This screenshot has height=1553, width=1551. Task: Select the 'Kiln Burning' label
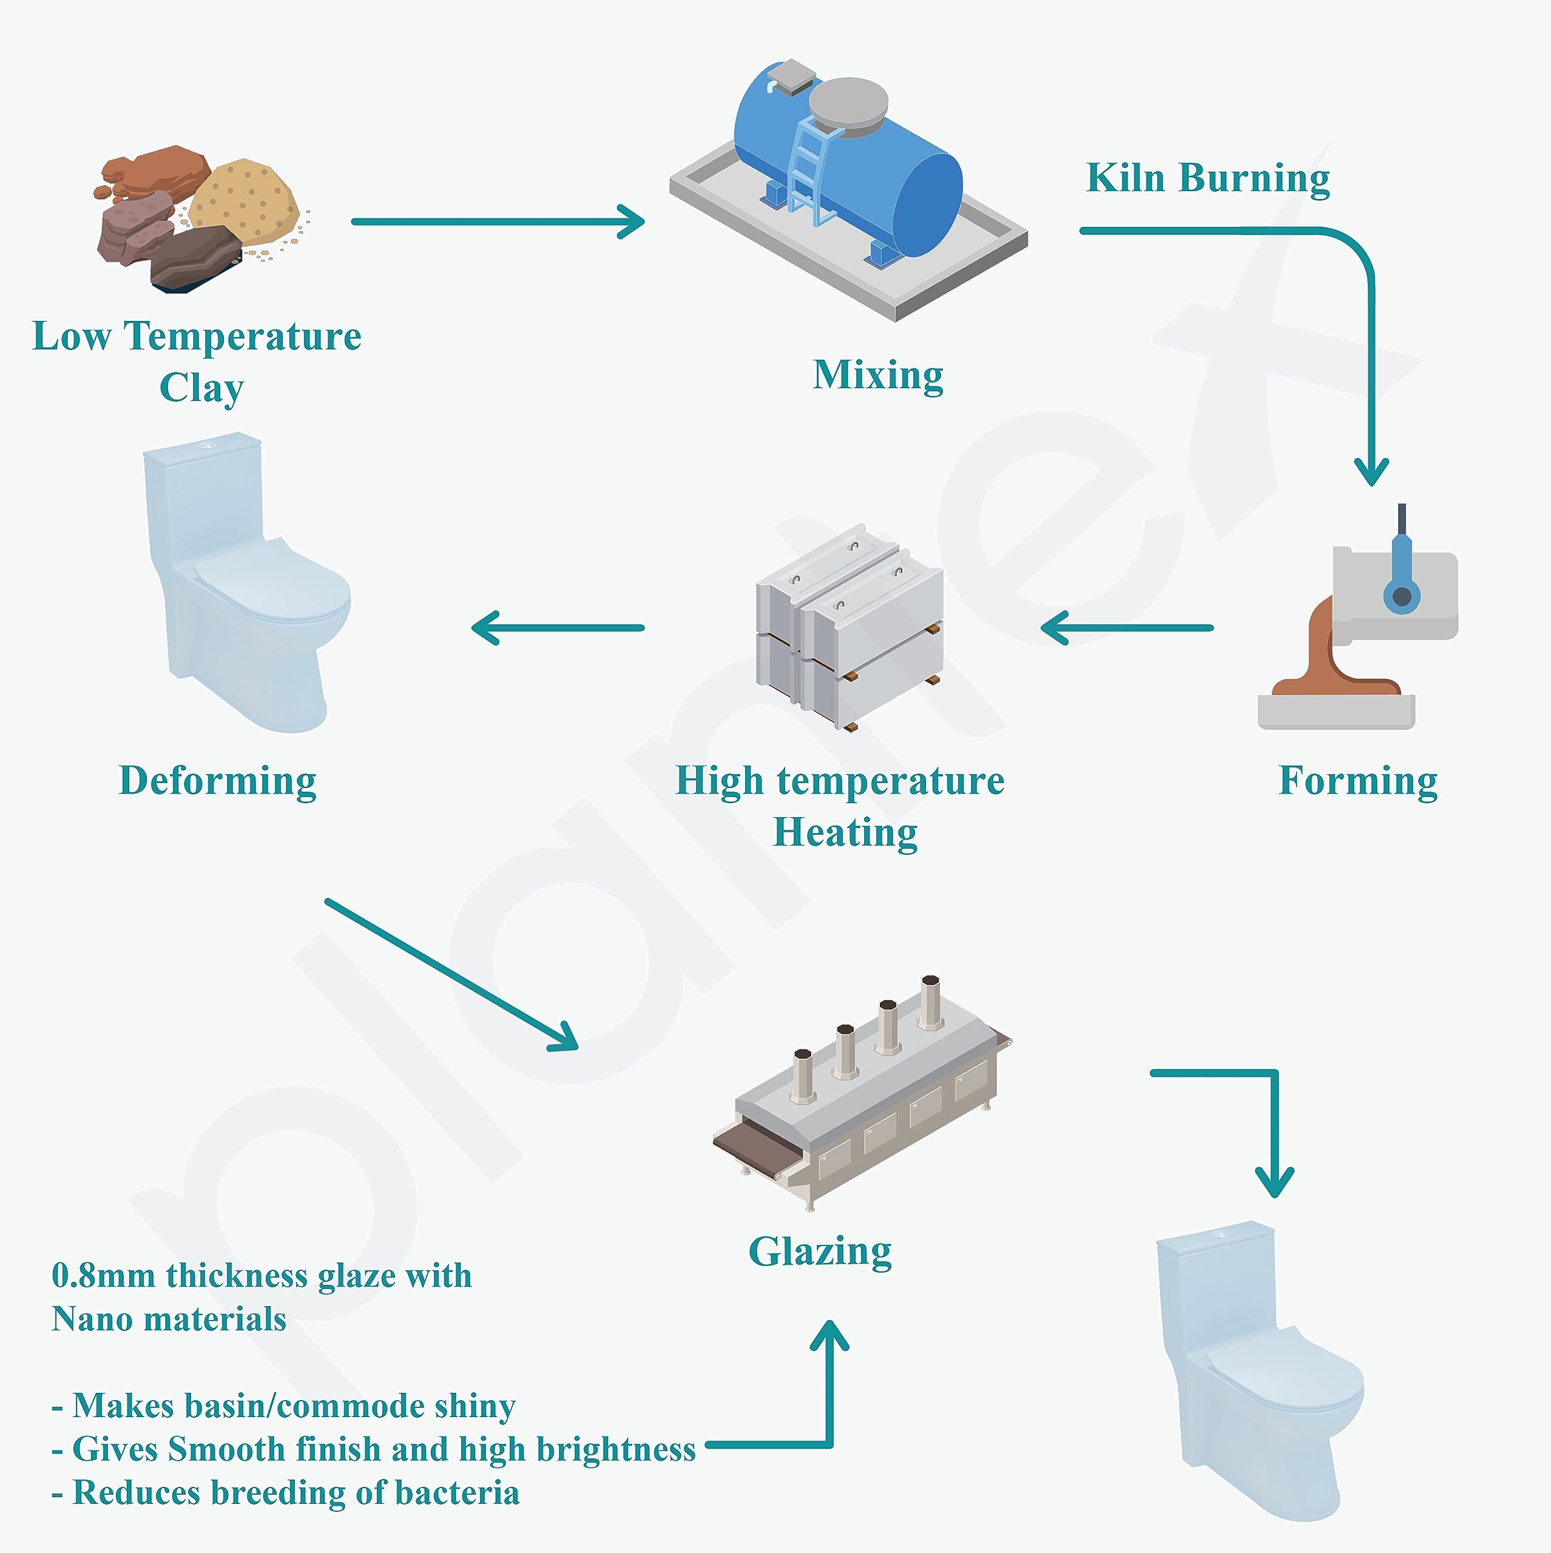click(1208, 178)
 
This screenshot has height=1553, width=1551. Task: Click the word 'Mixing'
click(878, 376)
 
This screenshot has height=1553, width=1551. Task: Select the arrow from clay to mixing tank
click(499, 222)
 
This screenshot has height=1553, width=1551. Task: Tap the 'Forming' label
click(1358, 781)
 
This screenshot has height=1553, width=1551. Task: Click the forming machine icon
click(1359, 627)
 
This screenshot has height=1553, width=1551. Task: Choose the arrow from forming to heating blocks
click(1126, 628)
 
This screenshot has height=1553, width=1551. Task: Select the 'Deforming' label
click(217, 781)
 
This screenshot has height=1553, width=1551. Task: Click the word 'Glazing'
click(820, 1251)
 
